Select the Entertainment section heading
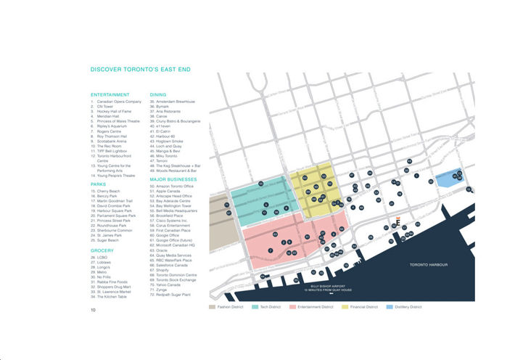[x=110, y=94]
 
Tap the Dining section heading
[x=158, y=94]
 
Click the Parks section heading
[x=99, y=184]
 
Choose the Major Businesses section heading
[x=173, y=178]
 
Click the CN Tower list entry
[x=104, y=107]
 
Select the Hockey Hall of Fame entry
[x=112, y=112]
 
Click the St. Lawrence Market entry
[x=115, y=291]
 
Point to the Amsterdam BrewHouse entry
[x=173, y=102]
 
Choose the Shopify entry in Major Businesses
[x=164, y=269]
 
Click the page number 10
[x=93, y=310]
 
